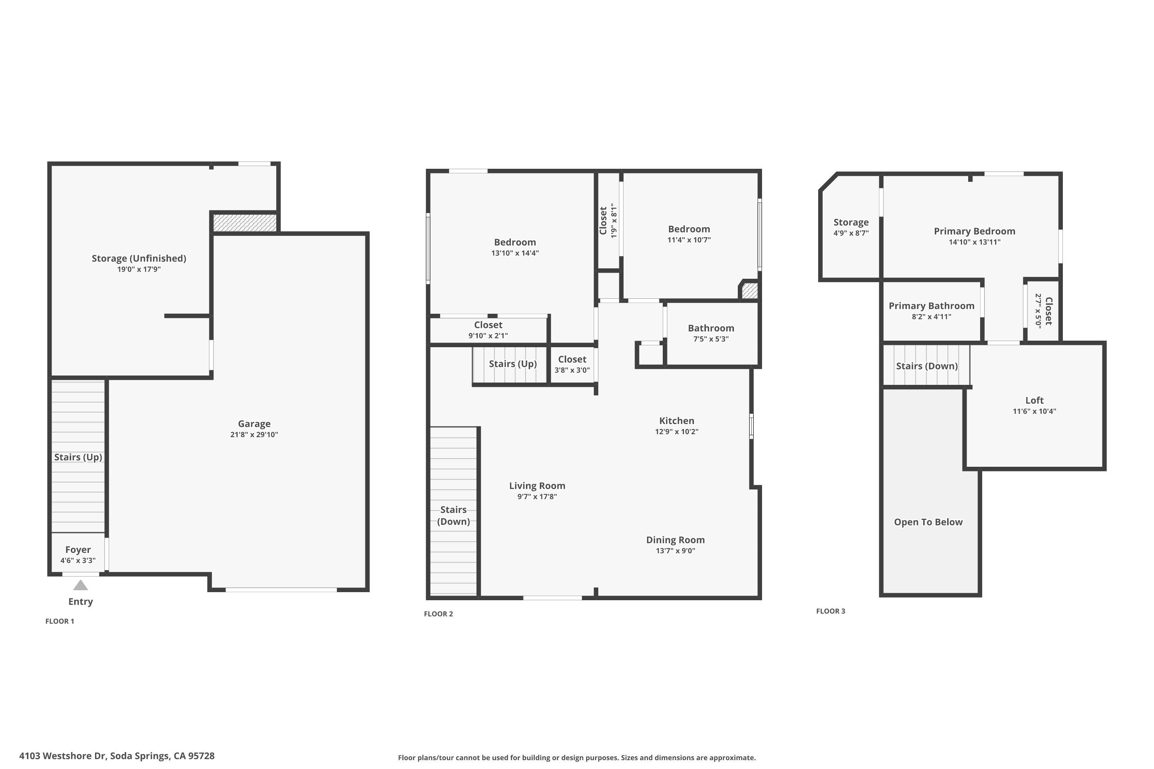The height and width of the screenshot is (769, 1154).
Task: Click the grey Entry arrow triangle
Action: tap(80, 585)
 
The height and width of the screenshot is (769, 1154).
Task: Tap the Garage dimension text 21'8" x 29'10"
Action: tap(254, 434)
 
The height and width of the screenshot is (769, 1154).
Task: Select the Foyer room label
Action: tap(78, 550)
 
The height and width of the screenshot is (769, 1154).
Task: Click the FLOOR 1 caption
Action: tap(60, 621)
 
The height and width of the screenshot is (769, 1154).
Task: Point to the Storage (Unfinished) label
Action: tap(139, 258)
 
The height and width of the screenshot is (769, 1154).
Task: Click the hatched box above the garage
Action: tap(245, 223)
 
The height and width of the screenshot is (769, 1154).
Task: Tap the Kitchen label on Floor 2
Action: tap(677, 421)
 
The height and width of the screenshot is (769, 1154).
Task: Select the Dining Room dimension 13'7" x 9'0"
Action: tap(675, 551)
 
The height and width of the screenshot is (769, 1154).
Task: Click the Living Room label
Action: tap(537, 486)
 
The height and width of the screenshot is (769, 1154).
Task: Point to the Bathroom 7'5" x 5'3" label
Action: tap(711, 328)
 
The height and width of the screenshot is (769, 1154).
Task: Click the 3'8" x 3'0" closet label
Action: tap(572, 370)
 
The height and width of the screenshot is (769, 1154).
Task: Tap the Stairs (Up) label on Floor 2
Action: tap(513, 364)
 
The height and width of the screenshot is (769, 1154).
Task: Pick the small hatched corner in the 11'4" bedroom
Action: tap(749, 290)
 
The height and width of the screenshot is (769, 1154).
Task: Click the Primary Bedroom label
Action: tap(974, 231)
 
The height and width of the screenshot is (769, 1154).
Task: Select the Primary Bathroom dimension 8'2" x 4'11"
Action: tap(931, 317)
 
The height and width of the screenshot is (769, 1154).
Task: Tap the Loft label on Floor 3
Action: tap(1034, 400)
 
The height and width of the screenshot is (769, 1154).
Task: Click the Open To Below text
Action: tap(928, 522)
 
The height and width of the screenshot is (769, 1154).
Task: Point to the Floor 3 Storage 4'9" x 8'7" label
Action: tap(851, 223)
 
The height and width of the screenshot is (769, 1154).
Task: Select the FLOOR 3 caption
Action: tap(830, 611)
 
